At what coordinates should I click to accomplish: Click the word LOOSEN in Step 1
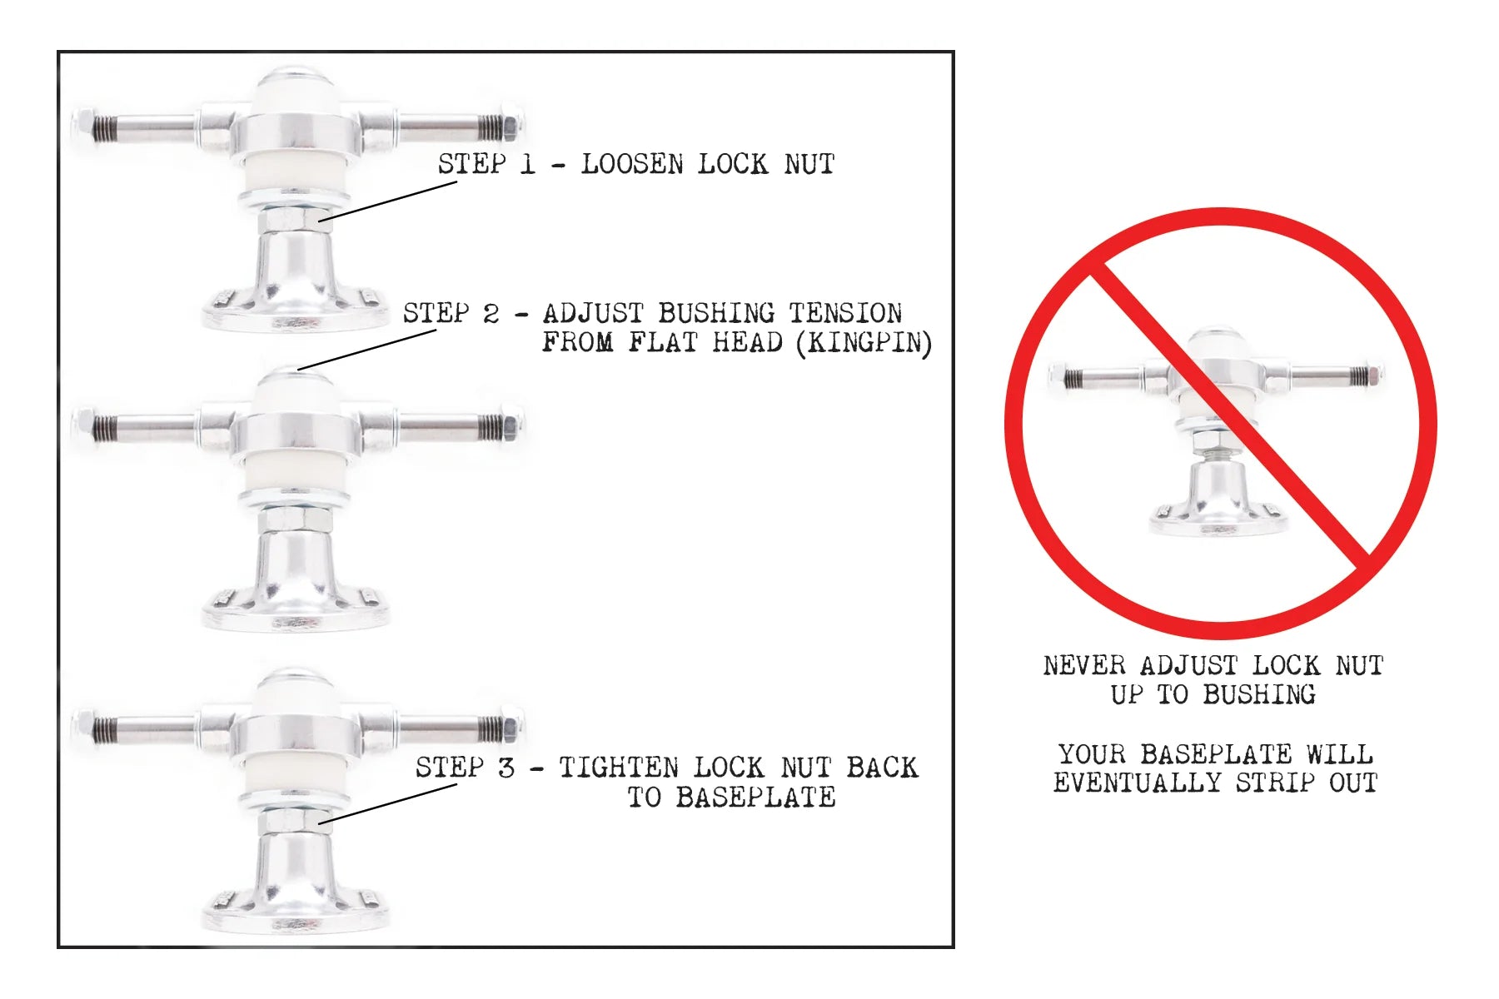(633, 164)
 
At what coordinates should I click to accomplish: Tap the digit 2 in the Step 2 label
(491, 314)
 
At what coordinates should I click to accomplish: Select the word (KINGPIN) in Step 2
(864, 343)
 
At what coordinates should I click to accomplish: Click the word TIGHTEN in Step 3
(618, 768)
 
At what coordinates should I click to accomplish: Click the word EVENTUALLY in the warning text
(1137, 783)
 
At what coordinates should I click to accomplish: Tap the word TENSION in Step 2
(845, 314)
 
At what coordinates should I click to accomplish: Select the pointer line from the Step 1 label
(387, 201)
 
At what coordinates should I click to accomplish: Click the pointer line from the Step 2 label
(367, 350)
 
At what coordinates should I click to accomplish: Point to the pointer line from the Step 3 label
(387, 804)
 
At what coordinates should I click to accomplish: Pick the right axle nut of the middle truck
(511, 426)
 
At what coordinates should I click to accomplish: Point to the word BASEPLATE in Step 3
(755, 798)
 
